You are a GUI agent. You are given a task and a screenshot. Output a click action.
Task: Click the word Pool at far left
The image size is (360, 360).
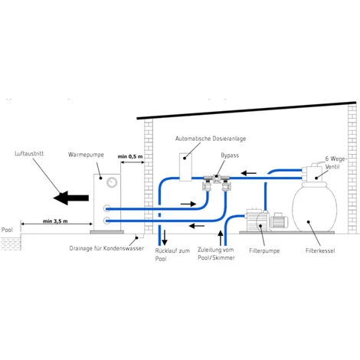[x=8, y=228]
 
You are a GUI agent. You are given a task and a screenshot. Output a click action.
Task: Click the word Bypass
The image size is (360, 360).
[x=230, y=155]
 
